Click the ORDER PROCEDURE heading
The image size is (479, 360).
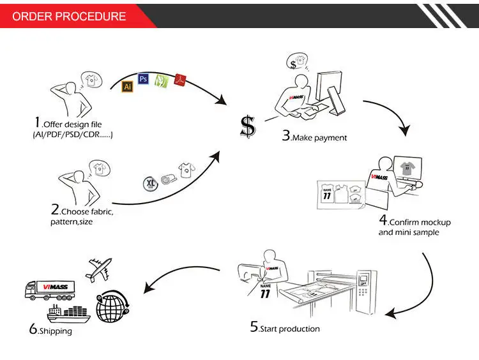(70, 16)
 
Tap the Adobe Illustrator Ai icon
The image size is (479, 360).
(126, 84)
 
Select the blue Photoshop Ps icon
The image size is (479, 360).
(144, 79)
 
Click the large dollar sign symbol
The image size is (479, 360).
(247, 126)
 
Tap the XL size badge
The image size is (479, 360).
(150, 184)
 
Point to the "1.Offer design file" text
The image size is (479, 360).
(68, 123)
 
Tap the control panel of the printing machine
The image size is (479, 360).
(363, 281)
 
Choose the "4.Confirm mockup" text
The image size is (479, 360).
(414, 221)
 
